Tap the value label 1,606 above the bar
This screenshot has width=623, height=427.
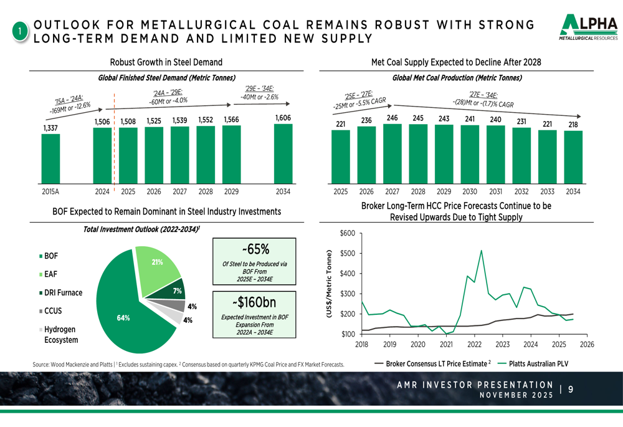coord(283,117)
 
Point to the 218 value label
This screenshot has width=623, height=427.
coord(573,125)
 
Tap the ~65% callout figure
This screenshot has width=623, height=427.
coord(254,249)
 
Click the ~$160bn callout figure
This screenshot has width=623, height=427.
coord(254,303)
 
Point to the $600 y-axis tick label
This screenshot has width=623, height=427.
coord(348,234)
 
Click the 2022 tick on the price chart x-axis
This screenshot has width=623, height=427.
coord(474,344)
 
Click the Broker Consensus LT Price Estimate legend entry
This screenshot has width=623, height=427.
coord(433,363)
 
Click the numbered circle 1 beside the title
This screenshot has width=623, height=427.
coord(21,32)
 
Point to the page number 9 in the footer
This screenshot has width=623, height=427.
coord(570,390)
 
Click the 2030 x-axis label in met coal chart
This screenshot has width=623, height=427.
coord(470,191)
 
